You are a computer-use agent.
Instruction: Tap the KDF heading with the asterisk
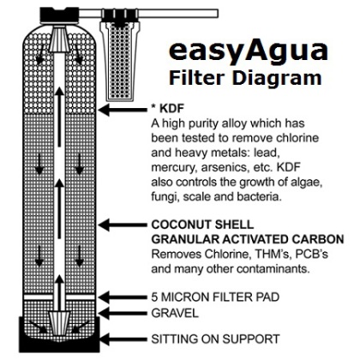[167, 108]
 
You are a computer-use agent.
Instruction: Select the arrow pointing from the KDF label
[123, 110]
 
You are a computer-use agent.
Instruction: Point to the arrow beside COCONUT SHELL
[123, 225]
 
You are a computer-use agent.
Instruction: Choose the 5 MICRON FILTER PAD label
[215, 297]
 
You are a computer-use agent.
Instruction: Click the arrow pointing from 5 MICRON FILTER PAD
[123, 297]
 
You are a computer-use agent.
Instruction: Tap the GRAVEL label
[175, 314]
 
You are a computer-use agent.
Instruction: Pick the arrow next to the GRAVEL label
[123, 314]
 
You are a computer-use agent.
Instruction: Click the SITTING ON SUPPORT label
[215, 339]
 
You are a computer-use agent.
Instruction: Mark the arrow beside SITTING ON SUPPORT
[123, 339]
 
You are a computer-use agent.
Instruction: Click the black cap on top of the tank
[59, 15]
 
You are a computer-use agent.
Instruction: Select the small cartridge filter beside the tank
[120, 55]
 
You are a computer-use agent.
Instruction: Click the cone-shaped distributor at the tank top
[59, 39]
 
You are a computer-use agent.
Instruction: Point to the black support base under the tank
[59, 334]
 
